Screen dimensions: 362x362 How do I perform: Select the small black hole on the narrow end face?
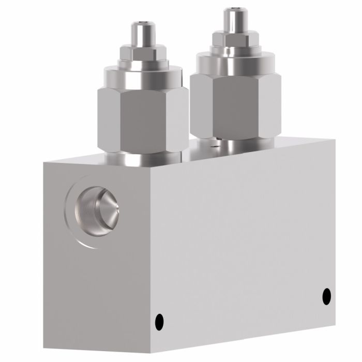(x=159, y=320)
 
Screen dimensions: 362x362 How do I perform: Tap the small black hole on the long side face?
(x=326, y=296)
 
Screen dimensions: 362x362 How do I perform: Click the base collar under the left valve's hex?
(x=144, y=158)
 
